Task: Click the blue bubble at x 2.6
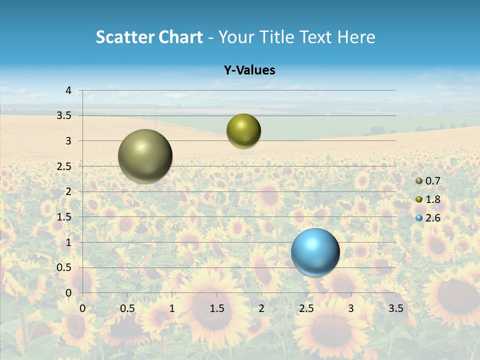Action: click(x=315, y=252)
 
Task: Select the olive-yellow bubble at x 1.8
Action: click(x=243, y=131)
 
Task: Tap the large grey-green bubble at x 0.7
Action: click(x=145, y=156)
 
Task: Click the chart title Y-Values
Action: click(x=249, y=70)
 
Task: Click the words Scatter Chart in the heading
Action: click(x=149, y=37)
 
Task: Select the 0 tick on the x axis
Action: click(x=83, y=308)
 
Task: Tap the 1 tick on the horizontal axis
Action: click(x=172, y=308)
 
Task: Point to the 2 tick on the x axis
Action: click(x=261, y=308)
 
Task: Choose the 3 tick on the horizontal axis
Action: click(x=351, y=308)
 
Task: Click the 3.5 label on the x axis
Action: click(x=395, y=308)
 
